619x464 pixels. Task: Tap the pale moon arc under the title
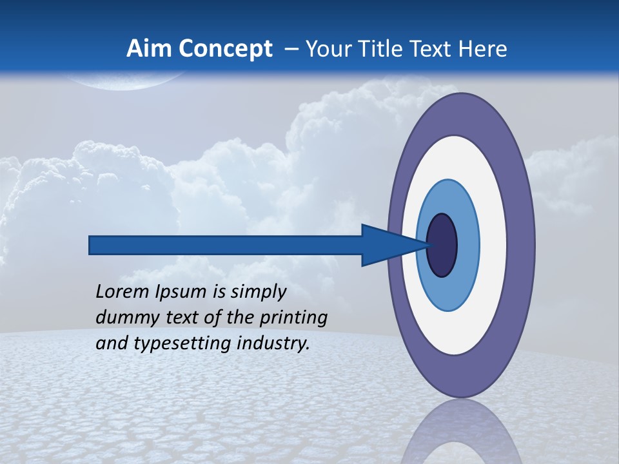[x=129, y=82]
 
